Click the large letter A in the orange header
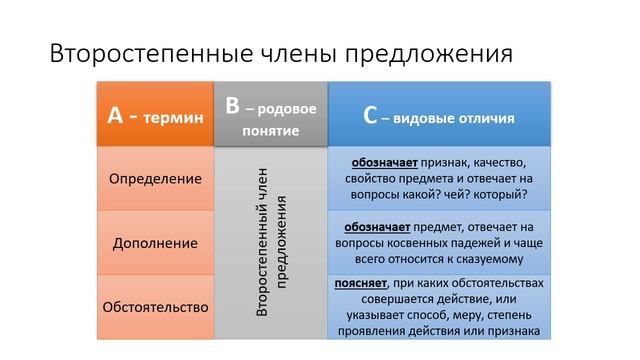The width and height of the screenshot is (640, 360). (x=115, y=116)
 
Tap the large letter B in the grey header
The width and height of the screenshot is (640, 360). (x=232, y=106)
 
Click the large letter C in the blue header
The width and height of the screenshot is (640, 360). (x=370, y=116)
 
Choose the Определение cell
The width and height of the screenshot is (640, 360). (x=155, y=179)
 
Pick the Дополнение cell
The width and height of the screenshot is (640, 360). (x=155, y=243)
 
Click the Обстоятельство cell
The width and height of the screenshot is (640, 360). (x=155, y=306)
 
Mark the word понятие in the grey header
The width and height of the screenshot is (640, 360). (x=270, y=131)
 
